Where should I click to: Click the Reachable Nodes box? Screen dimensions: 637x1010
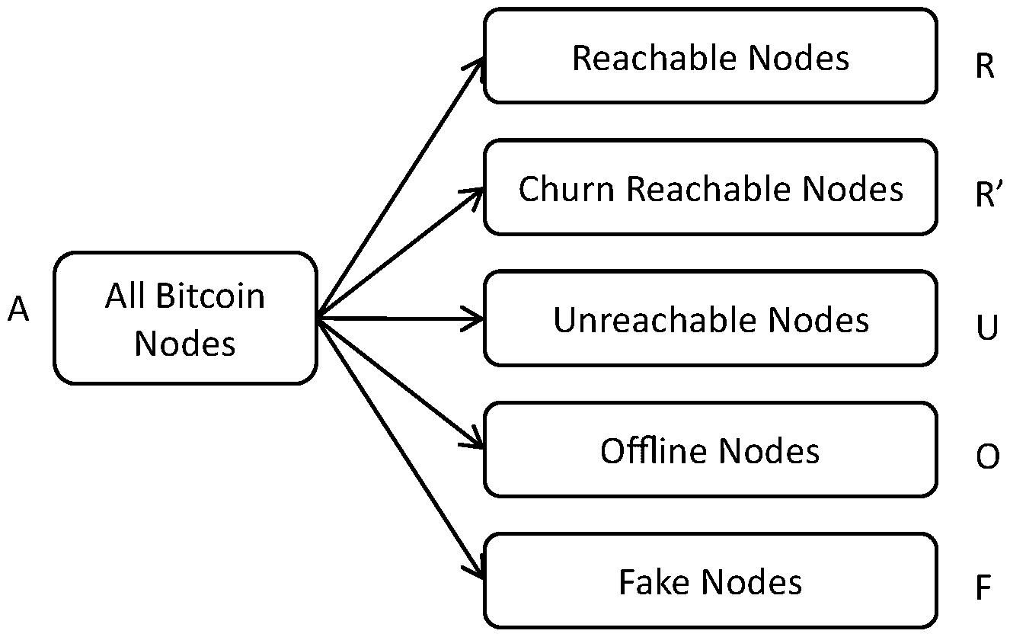710,56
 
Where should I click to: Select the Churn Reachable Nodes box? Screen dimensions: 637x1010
710,187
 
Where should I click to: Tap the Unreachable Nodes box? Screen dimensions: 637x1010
710,319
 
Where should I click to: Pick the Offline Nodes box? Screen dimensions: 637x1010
710,450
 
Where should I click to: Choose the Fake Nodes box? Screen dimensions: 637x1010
710,581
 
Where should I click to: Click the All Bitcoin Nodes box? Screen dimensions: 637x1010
185,318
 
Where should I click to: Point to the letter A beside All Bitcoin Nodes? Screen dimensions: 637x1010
19,310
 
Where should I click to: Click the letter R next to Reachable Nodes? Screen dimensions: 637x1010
985,67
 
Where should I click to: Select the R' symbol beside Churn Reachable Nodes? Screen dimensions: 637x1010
987,196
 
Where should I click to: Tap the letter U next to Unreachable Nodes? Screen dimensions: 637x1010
986,328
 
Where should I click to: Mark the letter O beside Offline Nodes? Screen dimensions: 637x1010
987,458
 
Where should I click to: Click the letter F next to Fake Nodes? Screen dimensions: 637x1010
983,589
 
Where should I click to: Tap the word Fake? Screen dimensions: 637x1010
655,582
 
